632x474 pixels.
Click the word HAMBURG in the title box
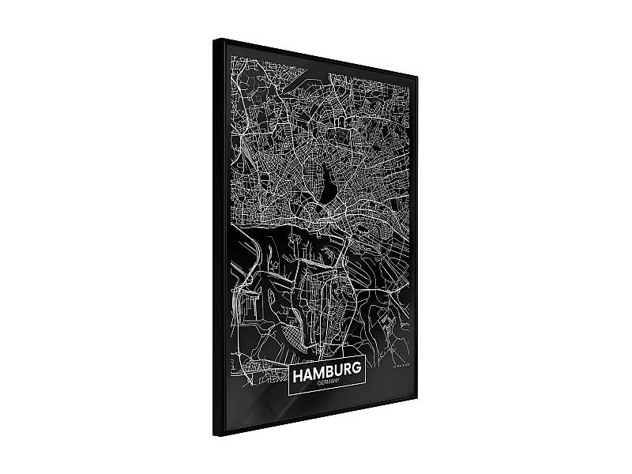(x=326, y=371)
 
